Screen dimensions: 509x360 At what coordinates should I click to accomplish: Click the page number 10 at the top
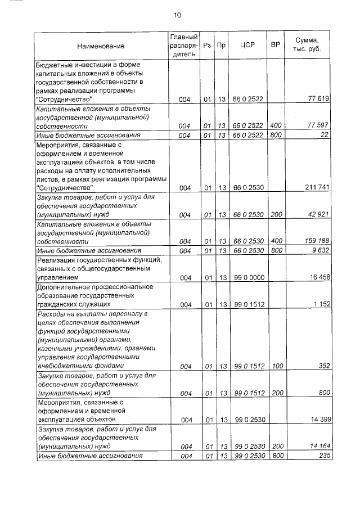(178, 15)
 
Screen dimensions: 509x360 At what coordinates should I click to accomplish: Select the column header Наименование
(101, 46)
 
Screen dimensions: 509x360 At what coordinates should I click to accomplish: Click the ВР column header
(276, 46)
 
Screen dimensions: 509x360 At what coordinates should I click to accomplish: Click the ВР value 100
(276, 366)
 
